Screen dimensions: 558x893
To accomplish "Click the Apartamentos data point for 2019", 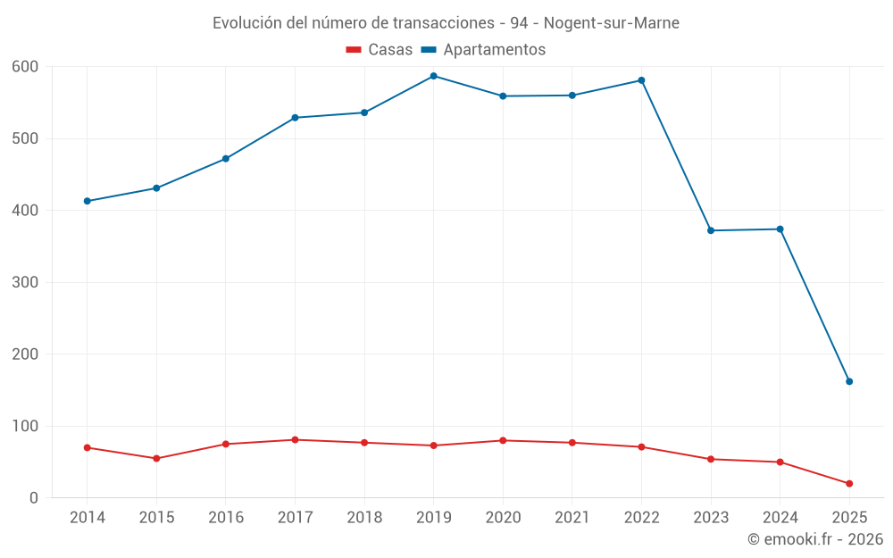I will click(x=434, y=76).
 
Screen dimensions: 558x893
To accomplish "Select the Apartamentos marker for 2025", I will click(x=849, y=381).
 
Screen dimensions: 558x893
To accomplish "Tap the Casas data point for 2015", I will click(x=156, y=458).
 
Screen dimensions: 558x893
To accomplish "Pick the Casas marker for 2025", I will click(x=849, y=484).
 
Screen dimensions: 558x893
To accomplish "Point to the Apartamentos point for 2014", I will click(x=88, y=201).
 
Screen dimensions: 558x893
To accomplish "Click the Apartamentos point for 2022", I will click(x=641, y=80).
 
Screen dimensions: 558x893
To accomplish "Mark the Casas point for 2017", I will click(x=295, y=439).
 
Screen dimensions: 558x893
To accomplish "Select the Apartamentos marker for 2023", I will click(x=711, y=230).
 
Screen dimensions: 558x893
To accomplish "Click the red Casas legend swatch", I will click(x=354, y=50).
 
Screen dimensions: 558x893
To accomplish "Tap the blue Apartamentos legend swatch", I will click(x=429, y=50).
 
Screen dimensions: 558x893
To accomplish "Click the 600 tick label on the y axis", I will click(x=26, y=67).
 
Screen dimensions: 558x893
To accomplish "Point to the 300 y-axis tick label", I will click(x=26, y=282).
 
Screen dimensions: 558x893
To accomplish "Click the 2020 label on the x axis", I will click(x=503, y=518).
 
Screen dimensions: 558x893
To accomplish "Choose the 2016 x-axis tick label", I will click(x=226, y=518).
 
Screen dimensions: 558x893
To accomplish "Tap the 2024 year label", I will click(x=780, y=518).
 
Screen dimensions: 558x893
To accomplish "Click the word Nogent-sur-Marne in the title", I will click(x=612, y=23).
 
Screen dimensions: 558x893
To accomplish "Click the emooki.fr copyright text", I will click(x=815, y=539).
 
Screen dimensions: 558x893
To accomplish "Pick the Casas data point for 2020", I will click(x=503, y=440).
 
